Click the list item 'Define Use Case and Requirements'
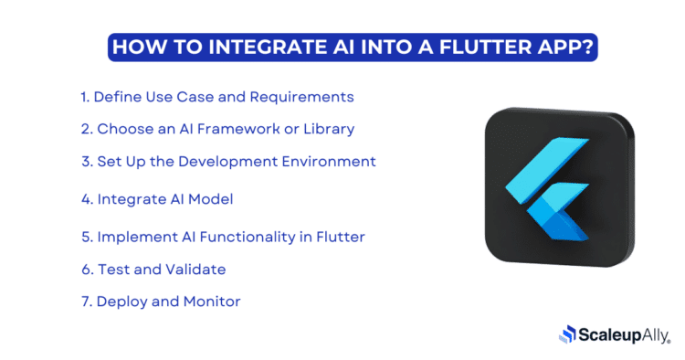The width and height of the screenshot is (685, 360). pyautogui.click(x=216, y=97)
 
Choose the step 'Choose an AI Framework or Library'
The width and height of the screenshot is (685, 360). pyautogui.click(x=216, y=129)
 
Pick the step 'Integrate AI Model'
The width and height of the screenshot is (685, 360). pyautogui.click(x=163, y=198)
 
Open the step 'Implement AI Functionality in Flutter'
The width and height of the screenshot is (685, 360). pyautogui.click(x=222, y=237)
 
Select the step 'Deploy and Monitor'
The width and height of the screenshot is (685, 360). pyautogui.click(x=160, y=302)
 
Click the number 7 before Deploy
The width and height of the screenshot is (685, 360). pyautogui.click(x=85, y=302)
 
